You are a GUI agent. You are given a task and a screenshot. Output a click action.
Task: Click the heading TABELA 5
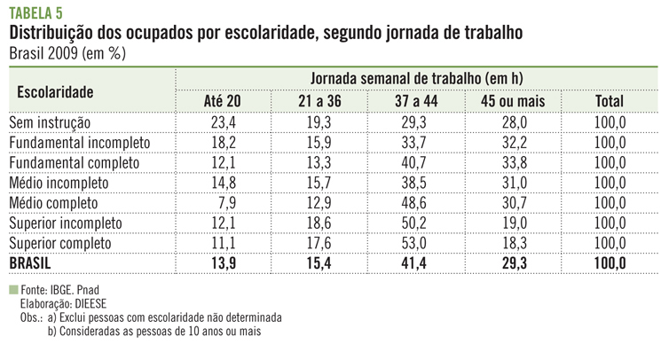coord(35,11)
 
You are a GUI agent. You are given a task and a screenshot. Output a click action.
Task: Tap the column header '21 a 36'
coord(319,101)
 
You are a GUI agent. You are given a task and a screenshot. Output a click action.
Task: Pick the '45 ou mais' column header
coord(515,101)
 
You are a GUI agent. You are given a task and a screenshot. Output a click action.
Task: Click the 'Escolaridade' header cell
coord(56,90)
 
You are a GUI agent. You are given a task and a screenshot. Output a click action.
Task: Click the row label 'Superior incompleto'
coord(64,223)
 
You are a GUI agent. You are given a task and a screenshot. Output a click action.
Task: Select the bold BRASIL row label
coord(32,263)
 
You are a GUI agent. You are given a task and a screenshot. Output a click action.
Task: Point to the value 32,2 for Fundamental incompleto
coord(516,142)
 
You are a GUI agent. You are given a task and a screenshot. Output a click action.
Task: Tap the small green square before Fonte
coord(12,290)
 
